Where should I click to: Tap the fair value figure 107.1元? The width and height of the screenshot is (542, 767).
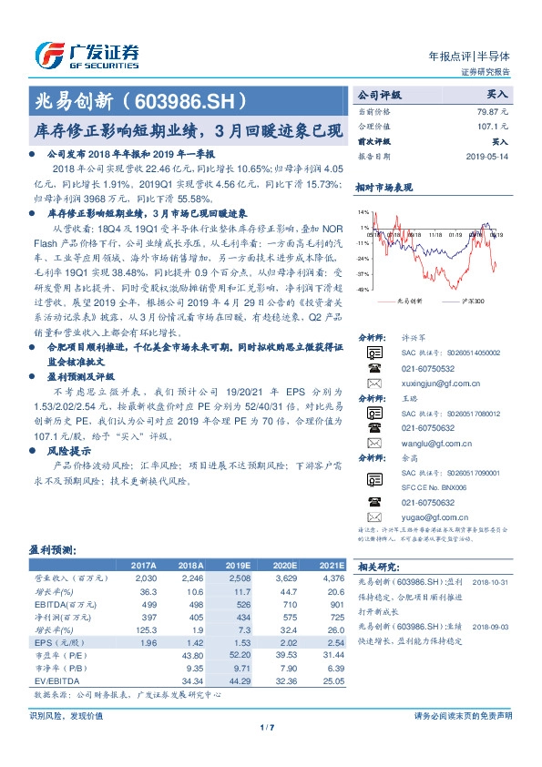(x=495, y=126)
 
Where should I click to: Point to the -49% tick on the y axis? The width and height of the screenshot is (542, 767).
(x=364, y=290)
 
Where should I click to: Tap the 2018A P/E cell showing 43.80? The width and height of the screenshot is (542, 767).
(x=191, y=654)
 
